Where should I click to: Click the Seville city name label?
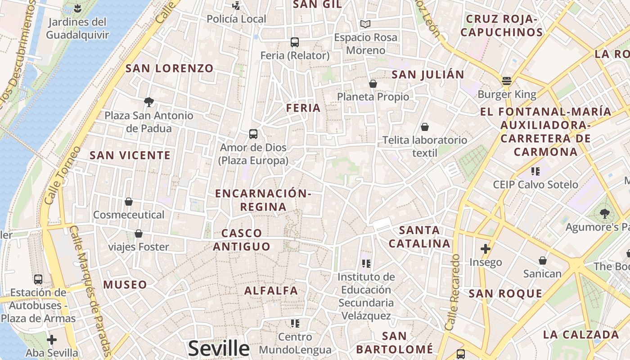(x=219, y=349)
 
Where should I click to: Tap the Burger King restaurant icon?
(x=507, y=81)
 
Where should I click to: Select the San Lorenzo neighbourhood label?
(x=169, y=68)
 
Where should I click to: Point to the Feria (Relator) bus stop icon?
(x=295, y=42)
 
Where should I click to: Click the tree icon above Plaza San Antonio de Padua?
(x=148, y=102)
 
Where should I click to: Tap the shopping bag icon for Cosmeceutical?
(x=129, y=202)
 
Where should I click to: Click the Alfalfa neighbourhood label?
(x=271, y=291)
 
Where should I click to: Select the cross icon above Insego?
(x=485, y=248)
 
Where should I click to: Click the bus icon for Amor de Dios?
(x=253, y=134)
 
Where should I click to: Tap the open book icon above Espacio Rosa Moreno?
(x=365, y=24)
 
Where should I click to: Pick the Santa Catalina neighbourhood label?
(x=419, y=237)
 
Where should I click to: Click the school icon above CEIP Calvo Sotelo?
(x=535, y=171)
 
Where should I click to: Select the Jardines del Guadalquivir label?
(x=77, y=28)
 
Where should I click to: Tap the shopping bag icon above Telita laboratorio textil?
(x=424, y=127)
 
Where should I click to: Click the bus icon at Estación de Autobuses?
(x=38, y=279)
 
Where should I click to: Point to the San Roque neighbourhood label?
(x=505, y=294)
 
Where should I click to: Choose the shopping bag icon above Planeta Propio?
(x=373, y=84)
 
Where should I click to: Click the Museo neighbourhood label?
(x=125, y=284)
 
